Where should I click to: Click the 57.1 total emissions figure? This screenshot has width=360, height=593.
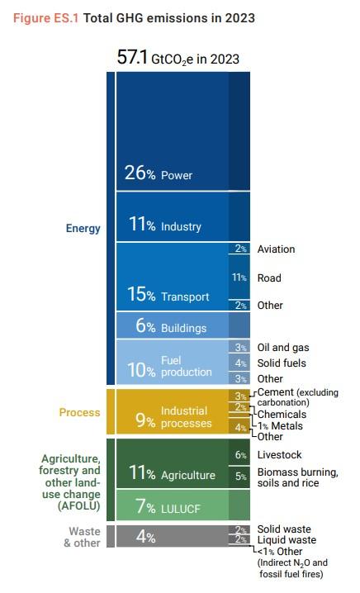[132, 58]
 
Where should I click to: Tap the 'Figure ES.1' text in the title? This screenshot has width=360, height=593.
[45, 18]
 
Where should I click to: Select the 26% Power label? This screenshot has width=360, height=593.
[159, 173]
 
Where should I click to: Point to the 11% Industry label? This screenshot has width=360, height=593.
[164, 225]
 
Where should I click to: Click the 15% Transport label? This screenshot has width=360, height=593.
[168, 294]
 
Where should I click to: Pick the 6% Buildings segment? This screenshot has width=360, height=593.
[183, 325]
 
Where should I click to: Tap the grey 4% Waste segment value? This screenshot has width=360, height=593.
[145, 536]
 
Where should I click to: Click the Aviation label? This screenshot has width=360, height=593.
[276, 249]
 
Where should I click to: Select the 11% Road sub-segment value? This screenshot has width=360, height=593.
[239, 278]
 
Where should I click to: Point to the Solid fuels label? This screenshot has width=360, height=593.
[282, 363]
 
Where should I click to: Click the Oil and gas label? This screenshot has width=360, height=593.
[283, 348]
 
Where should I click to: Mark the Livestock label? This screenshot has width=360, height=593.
[279, 454]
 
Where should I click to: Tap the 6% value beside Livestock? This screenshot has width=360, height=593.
[241, 455]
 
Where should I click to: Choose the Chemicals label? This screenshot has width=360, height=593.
[282, 414]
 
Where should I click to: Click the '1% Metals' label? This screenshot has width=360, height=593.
[280, 426]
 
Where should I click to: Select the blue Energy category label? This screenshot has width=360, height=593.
[83, 229]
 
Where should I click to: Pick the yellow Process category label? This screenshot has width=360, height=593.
[80, 412]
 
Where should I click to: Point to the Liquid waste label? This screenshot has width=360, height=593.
[287, 540]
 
